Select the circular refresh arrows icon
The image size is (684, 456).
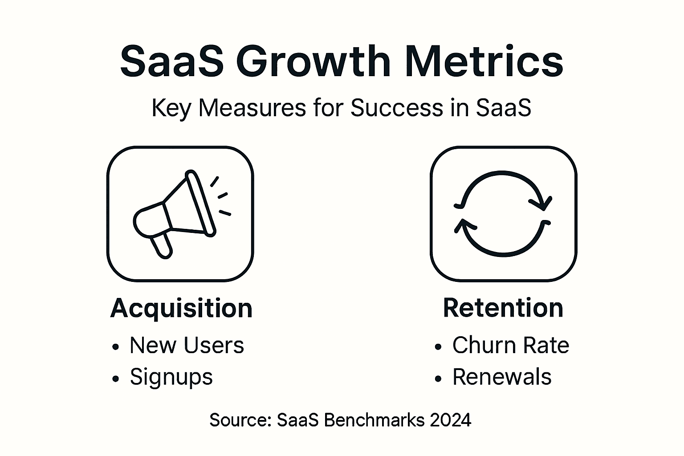[x=503, y=214]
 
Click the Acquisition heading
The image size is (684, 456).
[x=181, y=308]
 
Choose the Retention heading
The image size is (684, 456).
[x=503, y=308]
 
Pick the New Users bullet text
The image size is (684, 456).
[x=187, y=346]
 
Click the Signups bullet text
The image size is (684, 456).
[x=171, y=378]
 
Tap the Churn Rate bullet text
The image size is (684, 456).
[x=510, y=346]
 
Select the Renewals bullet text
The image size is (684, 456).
[x=501, y=377]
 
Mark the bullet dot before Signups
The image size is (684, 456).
[x=116, y=379]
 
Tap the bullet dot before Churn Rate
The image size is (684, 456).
[x=439, y=347]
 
